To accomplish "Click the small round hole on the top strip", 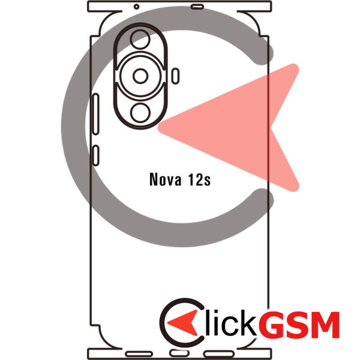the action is click(x=136, y=7).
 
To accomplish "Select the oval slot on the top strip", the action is click(x=197, y=7).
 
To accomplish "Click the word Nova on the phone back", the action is click(x=166, y=179).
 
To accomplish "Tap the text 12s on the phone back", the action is click(x=199, y=179).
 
